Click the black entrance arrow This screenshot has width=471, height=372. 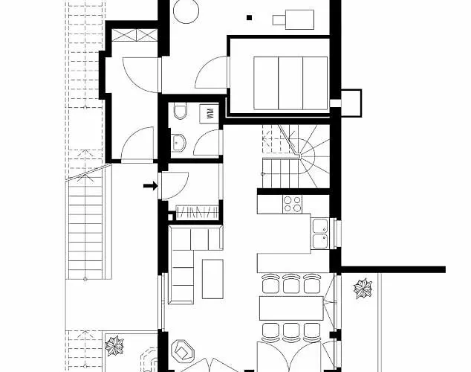coord(151,186)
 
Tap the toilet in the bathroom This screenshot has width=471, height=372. coord(181,110)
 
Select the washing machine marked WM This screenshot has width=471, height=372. coord(210,113)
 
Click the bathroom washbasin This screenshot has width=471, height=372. coord(178,143)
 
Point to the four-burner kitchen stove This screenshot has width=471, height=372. coord(292,204)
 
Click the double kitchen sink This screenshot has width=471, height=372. coord(320,234)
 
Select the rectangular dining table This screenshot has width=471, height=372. coord(291,308)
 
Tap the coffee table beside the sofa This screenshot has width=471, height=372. coord(212,279)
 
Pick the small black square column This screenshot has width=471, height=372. coord(249,17)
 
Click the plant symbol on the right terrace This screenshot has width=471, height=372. coord(363,289)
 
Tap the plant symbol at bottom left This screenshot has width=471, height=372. coord(114,345)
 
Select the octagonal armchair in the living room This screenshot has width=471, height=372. coord(182,350)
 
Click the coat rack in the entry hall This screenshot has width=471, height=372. coord(197,211)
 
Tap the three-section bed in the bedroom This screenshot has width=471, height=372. coord(290,83)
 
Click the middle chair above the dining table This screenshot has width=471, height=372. coord(291,283)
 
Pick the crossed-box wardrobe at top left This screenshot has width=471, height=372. coord(134,35)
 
